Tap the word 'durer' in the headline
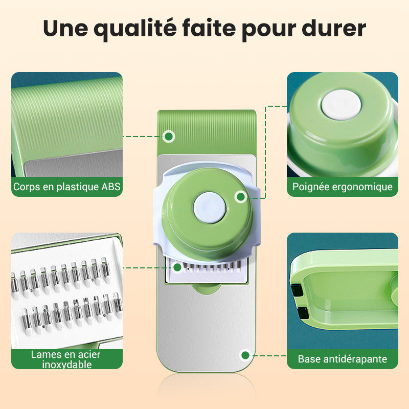334,28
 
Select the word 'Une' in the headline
66,28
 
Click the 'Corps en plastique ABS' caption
67,187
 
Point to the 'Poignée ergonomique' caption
342,187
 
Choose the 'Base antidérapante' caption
342,359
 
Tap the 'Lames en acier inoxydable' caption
66,359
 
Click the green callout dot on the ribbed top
169,136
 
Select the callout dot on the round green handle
240,197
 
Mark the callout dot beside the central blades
177,267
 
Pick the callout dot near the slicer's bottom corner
245,355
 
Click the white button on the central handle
210,208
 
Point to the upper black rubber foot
297,290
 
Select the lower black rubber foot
303,313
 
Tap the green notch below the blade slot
206,288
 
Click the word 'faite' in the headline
209,28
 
